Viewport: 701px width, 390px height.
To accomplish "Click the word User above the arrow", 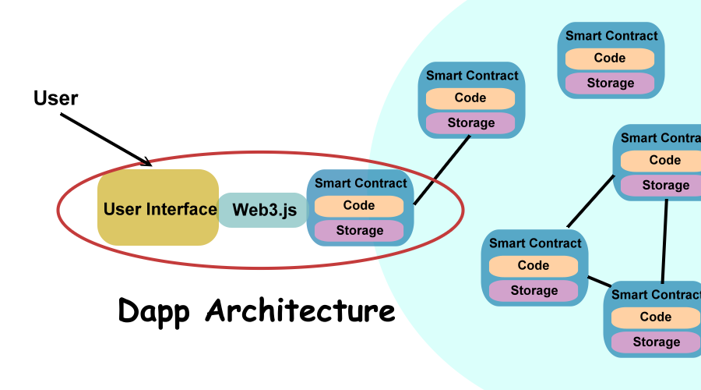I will pos(55,97).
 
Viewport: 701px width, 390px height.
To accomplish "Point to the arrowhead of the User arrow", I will pos(147,162).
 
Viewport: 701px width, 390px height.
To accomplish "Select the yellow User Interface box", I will pos(158,208).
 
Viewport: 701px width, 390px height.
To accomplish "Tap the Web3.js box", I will pos(264,210).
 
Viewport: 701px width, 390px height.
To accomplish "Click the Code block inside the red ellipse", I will pos(359,206).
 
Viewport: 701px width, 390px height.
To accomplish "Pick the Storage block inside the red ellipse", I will pos(359,231).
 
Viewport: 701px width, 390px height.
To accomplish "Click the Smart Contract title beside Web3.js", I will pos(361,183).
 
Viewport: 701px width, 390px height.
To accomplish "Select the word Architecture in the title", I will pos(301,310).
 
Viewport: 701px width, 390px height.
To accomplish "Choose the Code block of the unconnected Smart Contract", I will pos(610,58).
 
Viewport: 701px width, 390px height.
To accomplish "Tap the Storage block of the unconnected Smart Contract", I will pos(610,83).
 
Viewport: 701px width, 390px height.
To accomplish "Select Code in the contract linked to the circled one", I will pos(470,98).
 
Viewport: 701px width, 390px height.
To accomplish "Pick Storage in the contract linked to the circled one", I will pos(470,123).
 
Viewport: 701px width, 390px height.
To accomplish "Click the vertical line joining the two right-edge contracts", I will pos(664,240).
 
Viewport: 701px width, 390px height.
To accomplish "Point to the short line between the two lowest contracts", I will pos(599,282).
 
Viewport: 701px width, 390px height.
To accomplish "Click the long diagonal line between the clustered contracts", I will pos(590,201).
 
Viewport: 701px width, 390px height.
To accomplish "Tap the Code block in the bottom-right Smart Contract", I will pos(655,317).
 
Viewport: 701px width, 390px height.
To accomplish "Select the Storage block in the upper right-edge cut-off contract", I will pos(665,186).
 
